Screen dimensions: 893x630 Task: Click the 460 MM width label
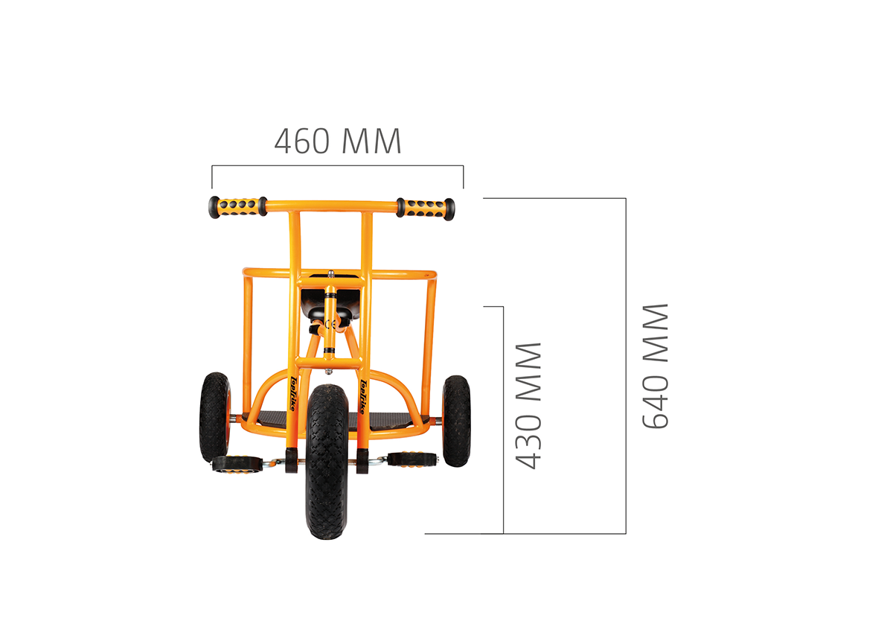tap(338, 141)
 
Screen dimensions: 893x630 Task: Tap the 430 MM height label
tap(528, 405)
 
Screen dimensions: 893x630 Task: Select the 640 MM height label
tap(655, 366)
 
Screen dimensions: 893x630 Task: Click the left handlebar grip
tap(238, 207)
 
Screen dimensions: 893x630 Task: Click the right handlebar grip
tap(426, 209)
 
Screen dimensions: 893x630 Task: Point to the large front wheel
tap(327, 462)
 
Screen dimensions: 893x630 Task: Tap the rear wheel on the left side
tap(215, 417)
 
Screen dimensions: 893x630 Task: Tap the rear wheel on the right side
tap(456, 421)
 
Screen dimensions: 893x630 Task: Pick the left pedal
tap(237, 464)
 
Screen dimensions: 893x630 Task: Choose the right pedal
tap(412, 459)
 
